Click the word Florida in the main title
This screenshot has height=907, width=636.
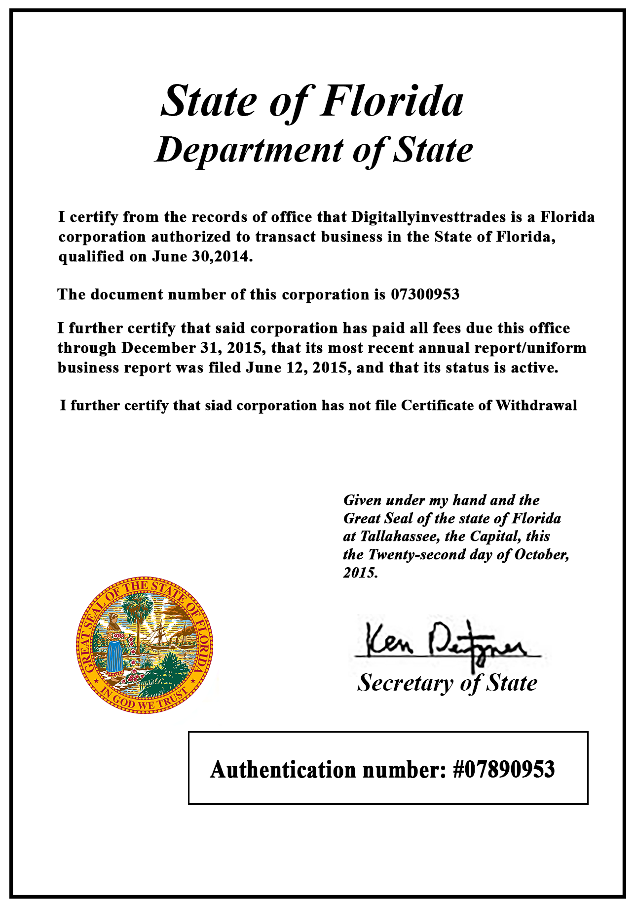[392, 101]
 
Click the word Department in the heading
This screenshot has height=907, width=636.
[250, 150]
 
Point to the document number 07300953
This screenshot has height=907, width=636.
[425, 294]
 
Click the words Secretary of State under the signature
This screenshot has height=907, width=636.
[447, 683]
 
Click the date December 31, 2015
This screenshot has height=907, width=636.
[191, 348]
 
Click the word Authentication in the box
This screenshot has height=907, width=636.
[283, 770]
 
